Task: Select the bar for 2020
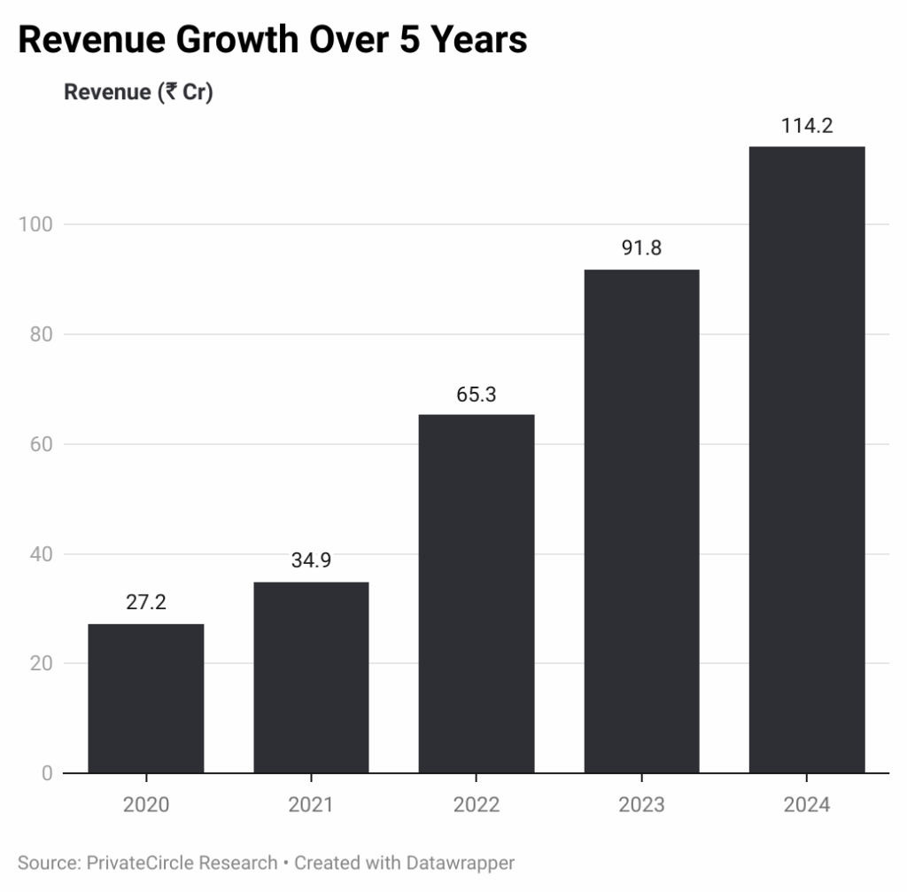pos(146,699)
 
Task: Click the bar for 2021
pos(311,677)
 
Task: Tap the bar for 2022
pos(477,594)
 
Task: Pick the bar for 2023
pos(641,521)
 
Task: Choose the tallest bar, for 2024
pos(807,459)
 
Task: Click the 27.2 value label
pos(146,603)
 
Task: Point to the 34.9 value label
pos(311,560)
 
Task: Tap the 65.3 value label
pos(477,394)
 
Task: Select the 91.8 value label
pos(641,248)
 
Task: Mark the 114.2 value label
pos(807,126)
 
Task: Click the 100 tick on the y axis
pos(36,225)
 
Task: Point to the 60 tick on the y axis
pos(41,444)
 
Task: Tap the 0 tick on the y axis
pos(47,773)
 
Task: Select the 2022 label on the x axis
pos(477,805)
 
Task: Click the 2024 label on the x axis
pos(807,805)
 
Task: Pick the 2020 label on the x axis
pos(146,805)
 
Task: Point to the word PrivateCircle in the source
pos(129,862)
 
